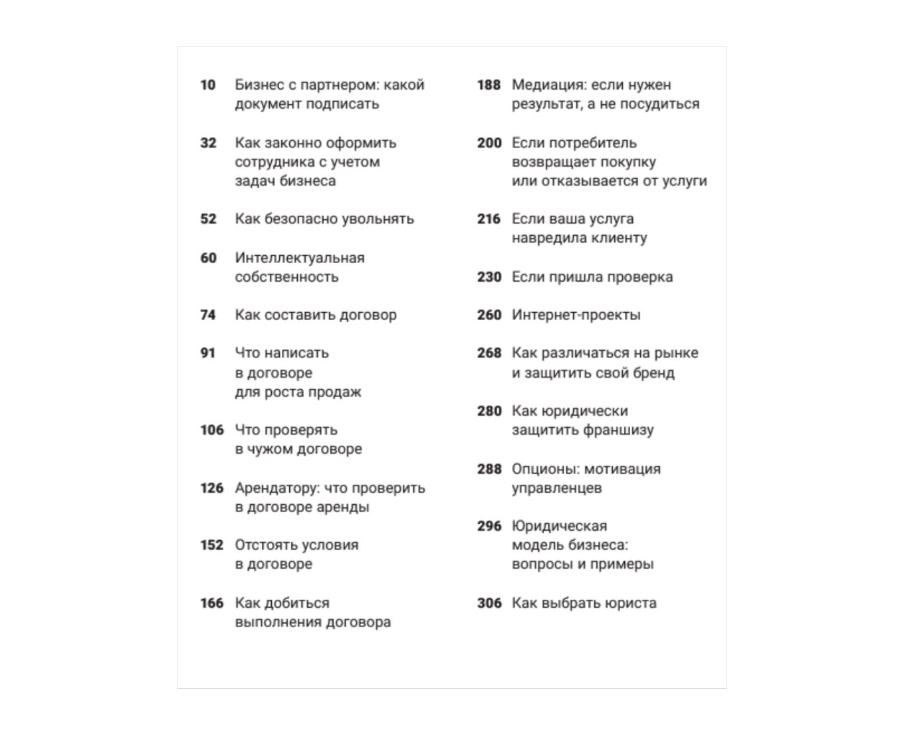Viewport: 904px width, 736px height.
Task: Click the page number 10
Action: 208,85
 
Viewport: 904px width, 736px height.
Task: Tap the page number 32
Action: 208,143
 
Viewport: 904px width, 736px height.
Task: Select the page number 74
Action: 208,315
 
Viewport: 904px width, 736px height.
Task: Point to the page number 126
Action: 211,488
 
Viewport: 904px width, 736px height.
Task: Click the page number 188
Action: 489,85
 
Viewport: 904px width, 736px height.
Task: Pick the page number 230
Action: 489,277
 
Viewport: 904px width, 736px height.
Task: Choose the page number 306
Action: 489,603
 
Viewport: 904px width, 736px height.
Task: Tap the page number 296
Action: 489,526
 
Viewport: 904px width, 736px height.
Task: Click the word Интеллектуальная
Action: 300,258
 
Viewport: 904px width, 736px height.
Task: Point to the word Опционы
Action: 544,469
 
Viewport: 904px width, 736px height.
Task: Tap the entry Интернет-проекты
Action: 576,315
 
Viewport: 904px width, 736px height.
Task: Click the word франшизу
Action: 618,430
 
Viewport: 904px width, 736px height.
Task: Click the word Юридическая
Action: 559,526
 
